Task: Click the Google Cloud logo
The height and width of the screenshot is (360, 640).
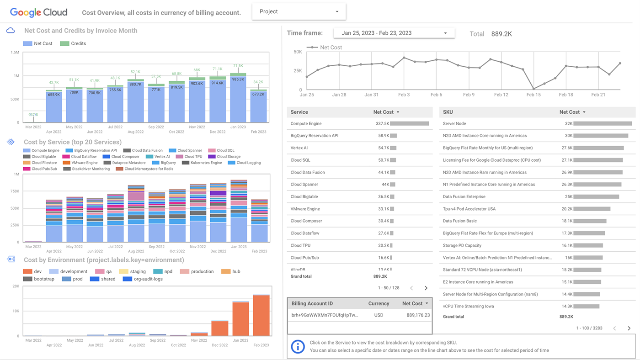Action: click(x=38, y=12)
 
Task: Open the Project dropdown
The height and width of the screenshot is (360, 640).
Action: click(x=299, y=11)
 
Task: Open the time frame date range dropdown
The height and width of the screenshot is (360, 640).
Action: click(x=394, y=33)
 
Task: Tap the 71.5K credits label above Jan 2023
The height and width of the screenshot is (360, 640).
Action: click(x=238, y=66)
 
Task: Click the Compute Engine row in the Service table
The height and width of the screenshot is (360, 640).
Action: click(x=306, y=123)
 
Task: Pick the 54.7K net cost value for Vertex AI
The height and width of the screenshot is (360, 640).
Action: click(x=383, y=148)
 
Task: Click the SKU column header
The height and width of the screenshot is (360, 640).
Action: click(x=448, y=112)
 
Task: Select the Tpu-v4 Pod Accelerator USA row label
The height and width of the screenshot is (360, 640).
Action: click(x=469, y=209)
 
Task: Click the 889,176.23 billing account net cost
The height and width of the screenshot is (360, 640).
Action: click(x=418, y=315)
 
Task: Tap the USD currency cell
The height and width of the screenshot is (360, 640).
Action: click(x=379, y=315)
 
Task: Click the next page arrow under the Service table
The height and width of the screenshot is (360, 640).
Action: click(x=426, y=288)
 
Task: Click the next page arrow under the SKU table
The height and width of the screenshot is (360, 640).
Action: click(x=629, y=328)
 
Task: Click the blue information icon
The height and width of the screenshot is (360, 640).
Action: click(x=298, y=346)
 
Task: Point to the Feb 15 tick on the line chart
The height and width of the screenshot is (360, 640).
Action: click(x=533, y=95)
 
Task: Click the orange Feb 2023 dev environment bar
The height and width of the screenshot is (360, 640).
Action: click(x=261, y=315)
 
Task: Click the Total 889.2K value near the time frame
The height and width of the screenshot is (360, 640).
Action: click(x=501, y=34)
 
